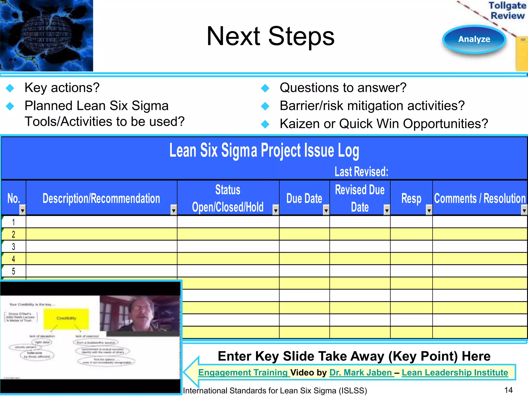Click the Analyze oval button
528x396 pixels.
click(474, 39)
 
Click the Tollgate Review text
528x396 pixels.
click(507, 11)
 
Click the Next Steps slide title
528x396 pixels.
click(270, 36)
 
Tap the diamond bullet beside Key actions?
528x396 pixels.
click(10, 88)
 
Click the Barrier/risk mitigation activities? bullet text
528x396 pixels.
click(372, 106)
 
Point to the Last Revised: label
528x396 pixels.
click(361, 172)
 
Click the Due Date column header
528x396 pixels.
click(304, 198)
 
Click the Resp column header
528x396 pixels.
click(411, 198)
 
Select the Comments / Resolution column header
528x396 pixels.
click(480, 198)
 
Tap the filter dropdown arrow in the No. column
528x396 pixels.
click(23, 211)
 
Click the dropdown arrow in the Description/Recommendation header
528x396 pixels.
click(174, 211)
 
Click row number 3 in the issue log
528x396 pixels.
click(14, 247)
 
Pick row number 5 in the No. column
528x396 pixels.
click(14, 271)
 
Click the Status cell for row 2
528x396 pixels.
click(228, 234)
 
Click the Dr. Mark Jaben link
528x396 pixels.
click(361, 373)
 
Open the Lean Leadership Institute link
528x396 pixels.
click(455, 373)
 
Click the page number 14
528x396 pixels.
click(508, 390)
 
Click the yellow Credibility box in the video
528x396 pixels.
click(66, 318)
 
